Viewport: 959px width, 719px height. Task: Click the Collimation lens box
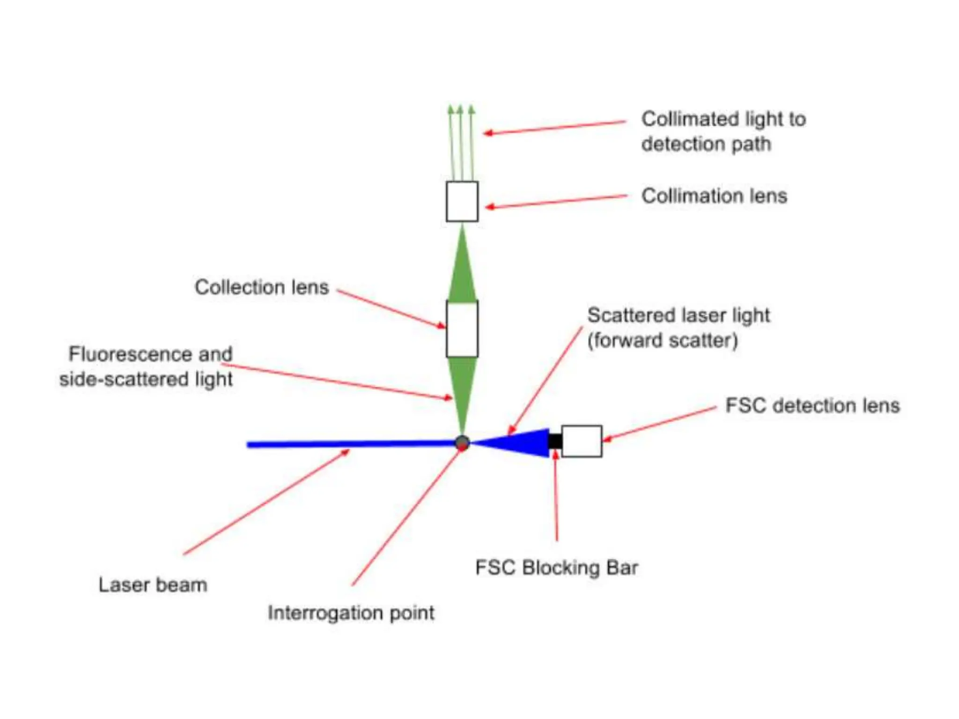click(x=462, y=201)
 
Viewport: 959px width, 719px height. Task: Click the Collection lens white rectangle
click(x=462, y=329)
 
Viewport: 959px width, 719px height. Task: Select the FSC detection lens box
click(x=581, y=441)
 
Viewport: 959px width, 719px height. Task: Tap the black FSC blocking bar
click(x=555, y=441)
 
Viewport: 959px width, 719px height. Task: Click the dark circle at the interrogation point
click(x=462, y=442)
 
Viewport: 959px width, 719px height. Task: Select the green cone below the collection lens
click(x=462, y=389)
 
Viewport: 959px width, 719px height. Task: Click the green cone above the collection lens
click(x=462, y=271)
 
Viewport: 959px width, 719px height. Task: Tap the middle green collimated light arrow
click(x=460, y=140)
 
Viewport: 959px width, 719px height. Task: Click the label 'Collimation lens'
click(x=714, y=196)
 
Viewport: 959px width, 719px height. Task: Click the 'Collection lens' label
click(x=261, y=287)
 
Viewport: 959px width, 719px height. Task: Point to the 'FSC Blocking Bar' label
click(x=556, y=567)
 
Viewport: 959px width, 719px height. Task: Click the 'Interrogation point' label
click(x=351, y=612)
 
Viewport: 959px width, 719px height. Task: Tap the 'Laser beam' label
click(x=153, y=585)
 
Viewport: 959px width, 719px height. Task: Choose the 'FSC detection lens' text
click(x=812, y=405)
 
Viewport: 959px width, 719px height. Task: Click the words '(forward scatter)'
click(x=663, y=340)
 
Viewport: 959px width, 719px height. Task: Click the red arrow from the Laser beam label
click(x=267, y=502)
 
